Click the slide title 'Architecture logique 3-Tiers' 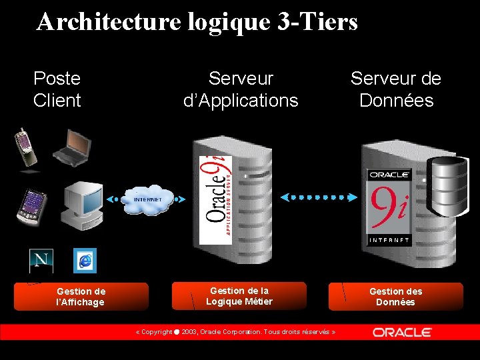click(197, 22)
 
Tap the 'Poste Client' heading click(57, 89)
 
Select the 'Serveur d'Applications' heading click(241, 89)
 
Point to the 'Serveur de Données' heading click(396, 89)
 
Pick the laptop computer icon click(71, 147)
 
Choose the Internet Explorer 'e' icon click(85, 261)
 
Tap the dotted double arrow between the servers click(318, 197)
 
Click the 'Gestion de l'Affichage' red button click(81, 297)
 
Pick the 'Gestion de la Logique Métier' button click(239, 296)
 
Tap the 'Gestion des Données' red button click(396, 297)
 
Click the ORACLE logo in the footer click(402, 332)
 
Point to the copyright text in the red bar click(235, 332)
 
